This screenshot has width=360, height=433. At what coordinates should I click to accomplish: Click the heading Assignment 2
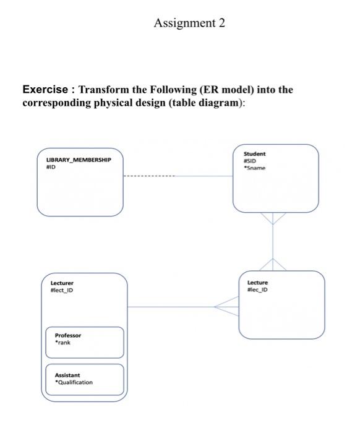point(189,24)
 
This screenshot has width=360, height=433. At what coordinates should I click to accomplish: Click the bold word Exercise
point(47,90)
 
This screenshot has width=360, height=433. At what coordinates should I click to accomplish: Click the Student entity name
point(254,153)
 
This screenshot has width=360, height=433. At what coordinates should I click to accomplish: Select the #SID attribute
point(250,160)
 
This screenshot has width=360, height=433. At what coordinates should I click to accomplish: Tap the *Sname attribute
point(254,167)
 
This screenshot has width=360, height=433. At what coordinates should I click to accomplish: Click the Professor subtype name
point(68,335)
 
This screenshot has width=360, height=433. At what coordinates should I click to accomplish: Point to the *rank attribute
point(62,343)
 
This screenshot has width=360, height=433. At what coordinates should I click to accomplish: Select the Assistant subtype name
point(67,375)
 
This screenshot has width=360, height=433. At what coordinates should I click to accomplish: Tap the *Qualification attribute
point(74,382)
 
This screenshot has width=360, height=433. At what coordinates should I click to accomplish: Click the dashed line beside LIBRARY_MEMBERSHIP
point(149,176)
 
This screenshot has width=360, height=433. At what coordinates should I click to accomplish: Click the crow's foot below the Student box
point(272,218)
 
